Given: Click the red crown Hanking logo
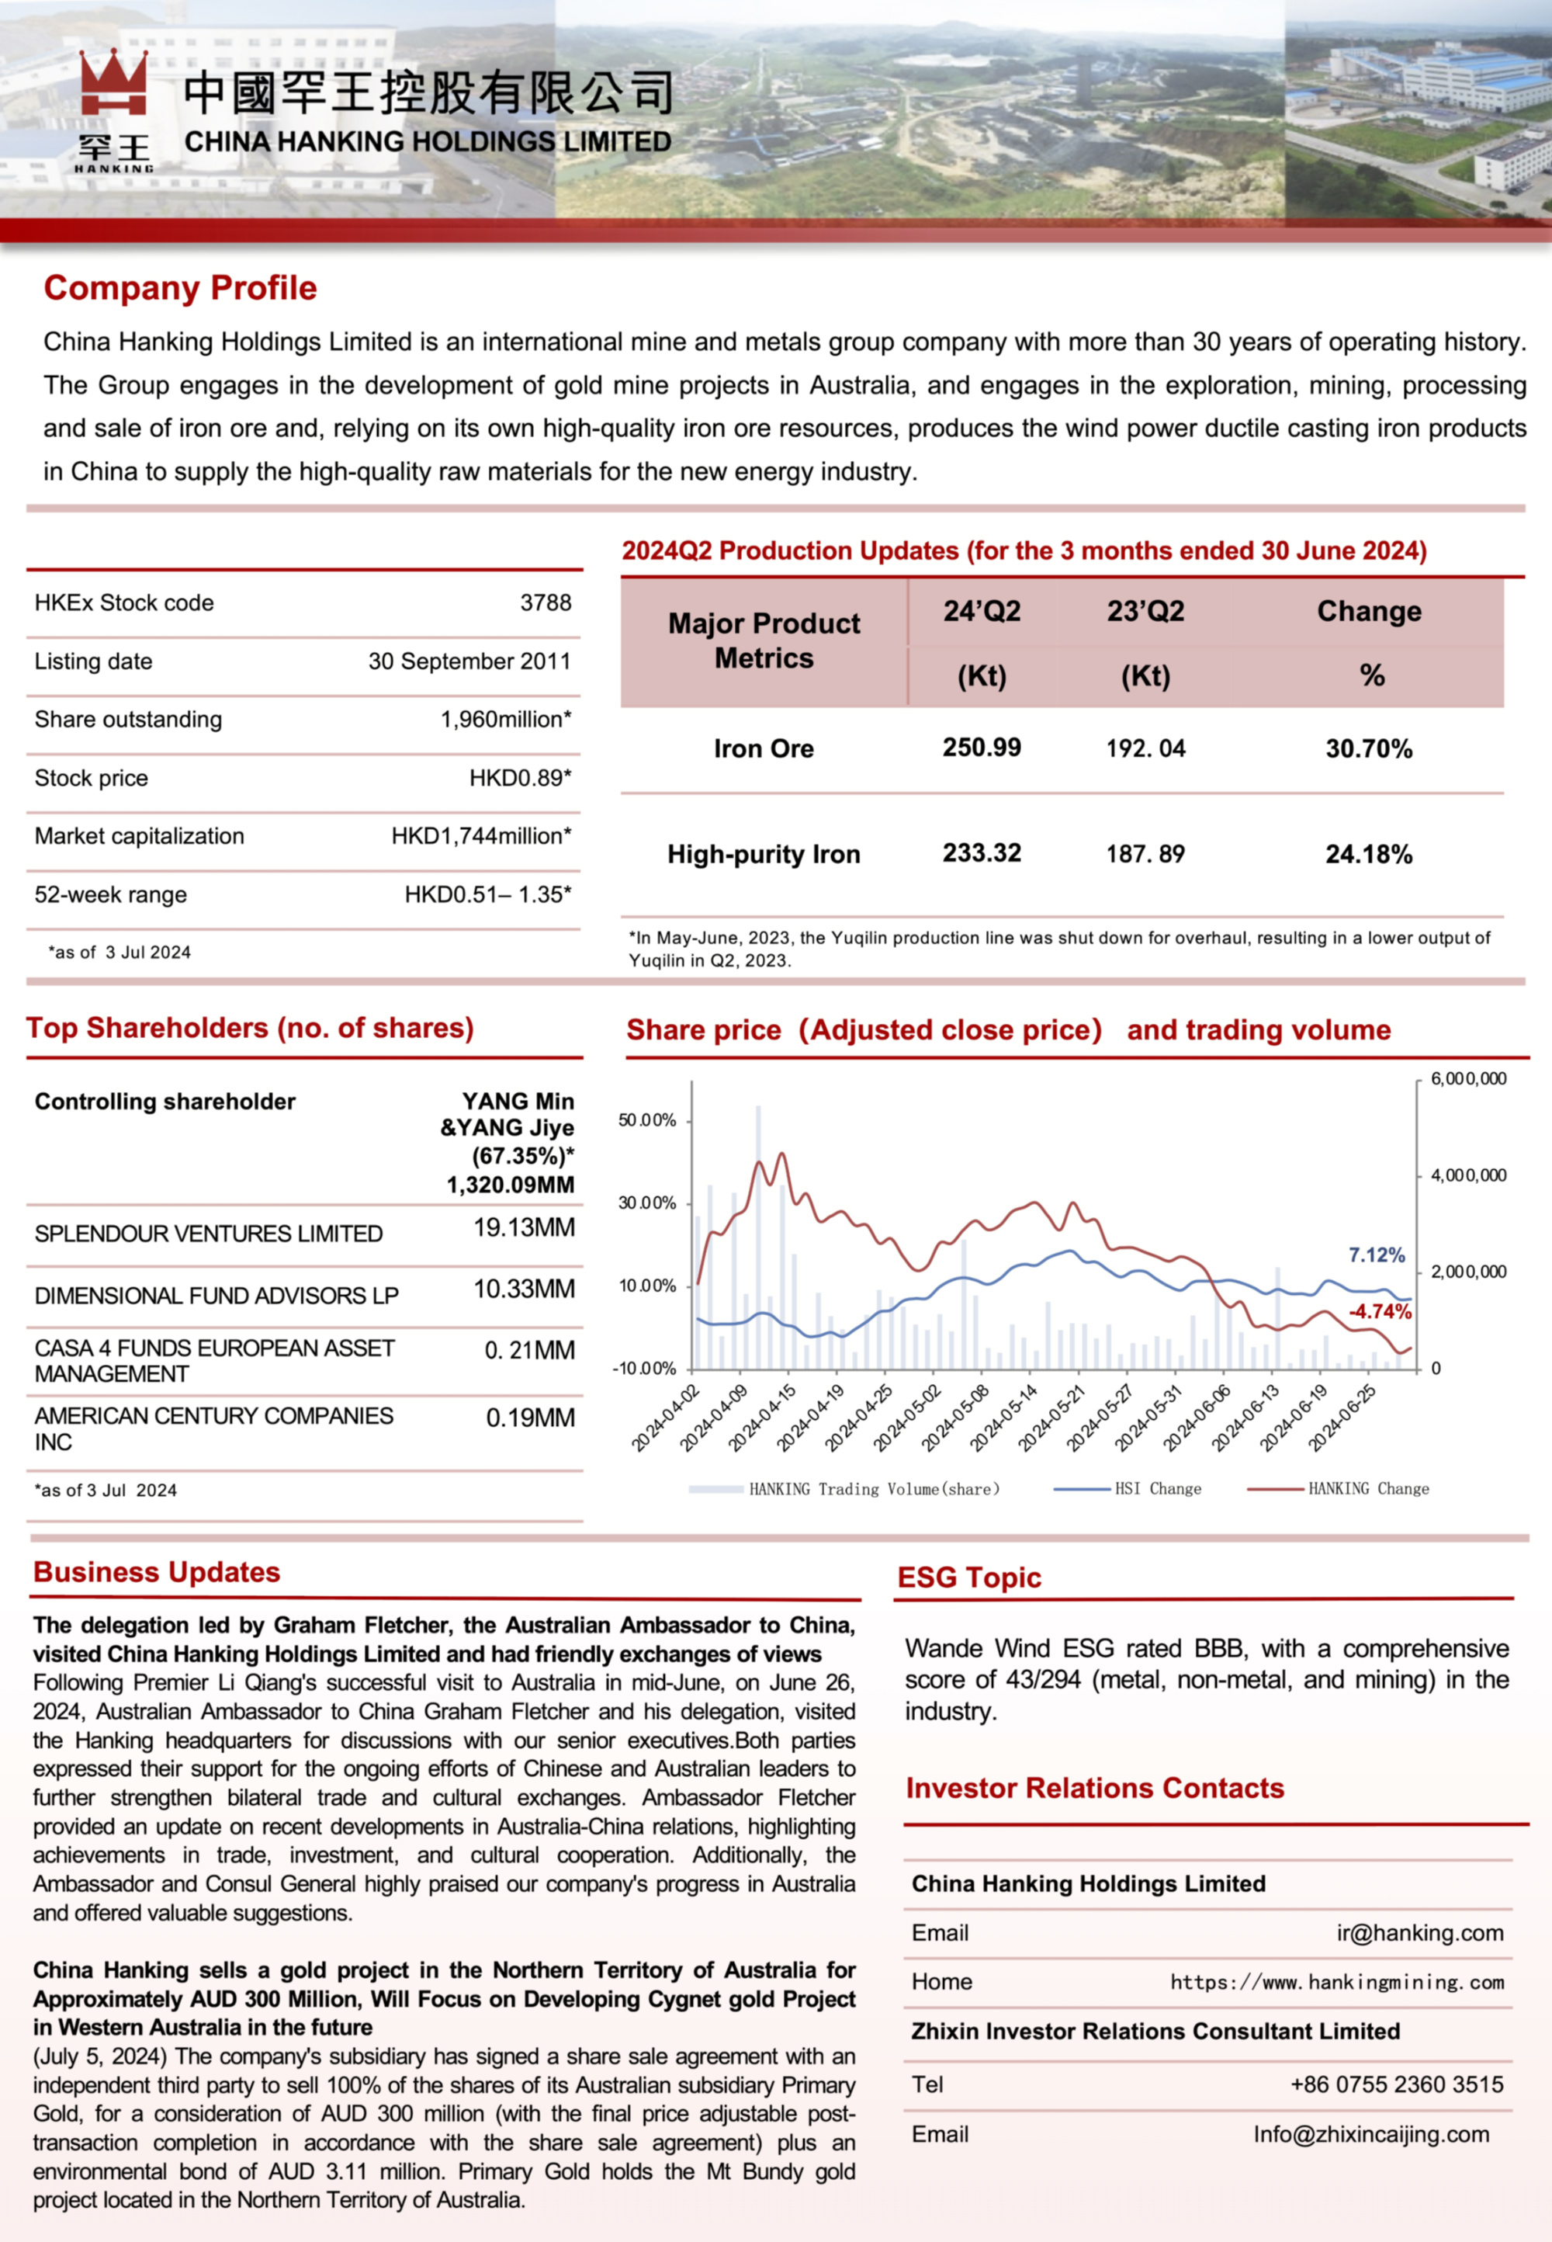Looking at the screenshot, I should [114, 85].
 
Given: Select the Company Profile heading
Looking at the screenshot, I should [180, 288].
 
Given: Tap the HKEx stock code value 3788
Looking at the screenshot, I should [546, 603].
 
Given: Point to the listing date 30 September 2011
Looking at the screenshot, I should [469, 661].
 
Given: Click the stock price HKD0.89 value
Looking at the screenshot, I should [520, 778].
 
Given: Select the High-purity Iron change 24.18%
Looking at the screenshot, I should [1368, 854].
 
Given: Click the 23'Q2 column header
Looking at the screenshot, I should [1145, 611].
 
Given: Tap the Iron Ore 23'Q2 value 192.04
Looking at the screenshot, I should [1145, 748].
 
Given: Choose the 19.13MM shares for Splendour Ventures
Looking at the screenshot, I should [524, 1227].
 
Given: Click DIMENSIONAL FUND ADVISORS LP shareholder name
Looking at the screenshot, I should [216, 1296].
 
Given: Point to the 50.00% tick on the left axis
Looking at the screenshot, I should [646, 1120].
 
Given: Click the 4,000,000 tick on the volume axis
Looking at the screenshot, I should [1467, 1175].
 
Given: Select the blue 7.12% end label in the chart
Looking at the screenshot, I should [1376, 1255].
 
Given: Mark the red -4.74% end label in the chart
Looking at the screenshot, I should [1379, 1311].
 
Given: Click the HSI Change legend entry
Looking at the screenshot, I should [1156, 1488].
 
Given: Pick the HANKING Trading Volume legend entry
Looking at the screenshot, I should [873, 1488].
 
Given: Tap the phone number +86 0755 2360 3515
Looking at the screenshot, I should [1396, 2084].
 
